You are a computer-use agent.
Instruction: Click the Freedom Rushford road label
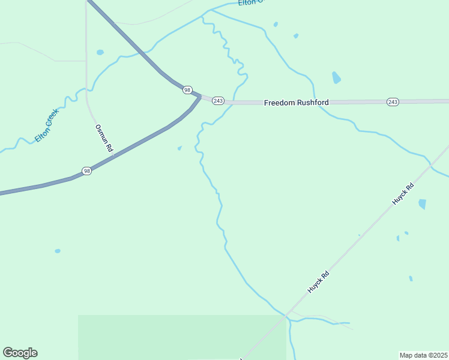point(297,103)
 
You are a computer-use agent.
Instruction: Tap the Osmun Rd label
point(104,137)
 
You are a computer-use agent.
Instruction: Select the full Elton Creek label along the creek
point(47,124)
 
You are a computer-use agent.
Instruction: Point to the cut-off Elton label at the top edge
point(251,2)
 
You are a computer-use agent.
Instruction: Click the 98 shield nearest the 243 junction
point(188,90)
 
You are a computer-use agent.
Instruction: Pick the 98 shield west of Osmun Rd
point(87,171)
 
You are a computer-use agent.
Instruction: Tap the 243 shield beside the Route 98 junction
point(218,101)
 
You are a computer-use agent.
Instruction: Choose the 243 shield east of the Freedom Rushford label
point(393,102)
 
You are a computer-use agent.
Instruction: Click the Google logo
point(20,352)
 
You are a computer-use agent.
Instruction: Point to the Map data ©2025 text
point(423,355)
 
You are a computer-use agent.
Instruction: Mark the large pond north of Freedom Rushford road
point(336,77)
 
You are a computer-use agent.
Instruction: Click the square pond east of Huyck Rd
point(422,204)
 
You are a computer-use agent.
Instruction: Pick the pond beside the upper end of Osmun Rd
point(100,52)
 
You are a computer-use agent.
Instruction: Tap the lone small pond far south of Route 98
point(58,251)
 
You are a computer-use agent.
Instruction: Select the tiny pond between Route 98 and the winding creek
point(179,148)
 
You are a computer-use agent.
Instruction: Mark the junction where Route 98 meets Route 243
point(200,96)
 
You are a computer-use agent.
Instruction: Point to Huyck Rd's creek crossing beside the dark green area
point(288,315)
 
